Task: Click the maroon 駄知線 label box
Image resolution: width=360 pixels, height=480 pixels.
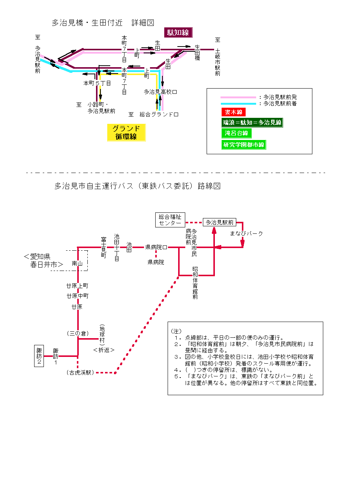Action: coord(178,33)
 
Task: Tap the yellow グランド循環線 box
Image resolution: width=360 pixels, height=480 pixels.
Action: coord(126,132)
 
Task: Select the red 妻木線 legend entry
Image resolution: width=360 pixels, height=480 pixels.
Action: coord(233,112)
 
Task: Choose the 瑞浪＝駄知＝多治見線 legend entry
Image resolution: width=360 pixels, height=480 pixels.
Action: coord(252,122)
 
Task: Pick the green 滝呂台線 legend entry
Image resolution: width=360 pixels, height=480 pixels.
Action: coord(236,133)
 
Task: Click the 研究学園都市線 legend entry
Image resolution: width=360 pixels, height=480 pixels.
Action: coord(243,144)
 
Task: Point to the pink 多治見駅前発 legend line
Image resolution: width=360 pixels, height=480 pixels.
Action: coord(238,97)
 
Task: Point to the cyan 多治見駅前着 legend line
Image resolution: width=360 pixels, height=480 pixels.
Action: coord(238,104)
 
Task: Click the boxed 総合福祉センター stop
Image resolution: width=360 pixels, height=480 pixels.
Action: coord(170,220)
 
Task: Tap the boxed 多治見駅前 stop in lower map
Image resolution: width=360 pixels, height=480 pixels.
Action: coord(219,223)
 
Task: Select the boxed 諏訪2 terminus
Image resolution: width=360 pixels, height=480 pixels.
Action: coord(39,356)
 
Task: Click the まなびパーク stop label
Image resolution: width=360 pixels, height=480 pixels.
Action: coord(246,233)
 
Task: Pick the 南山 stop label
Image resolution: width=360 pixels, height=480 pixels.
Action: coord(77,263)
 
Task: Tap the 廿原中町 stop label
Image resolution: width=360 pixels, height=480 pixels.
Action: coord(78,296)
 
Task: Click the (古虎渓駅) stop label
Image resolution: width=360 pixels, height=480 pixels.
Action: coord(80,373)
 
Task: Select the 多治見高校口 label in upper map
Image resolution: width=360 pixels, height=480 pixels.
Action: coord(160,92)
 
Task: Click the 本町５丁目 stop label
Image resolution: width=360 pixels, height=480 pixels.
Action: coord(97,83)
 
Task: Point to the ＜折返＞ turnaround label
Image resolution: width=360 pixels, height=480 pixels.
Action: coord(103,350)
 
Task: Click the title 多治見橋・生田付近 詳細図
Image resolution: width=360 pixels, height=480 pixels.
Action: coord(103,23)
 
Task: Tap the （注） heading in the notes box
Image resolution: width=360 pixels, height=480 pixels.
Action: coord(176,331)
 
